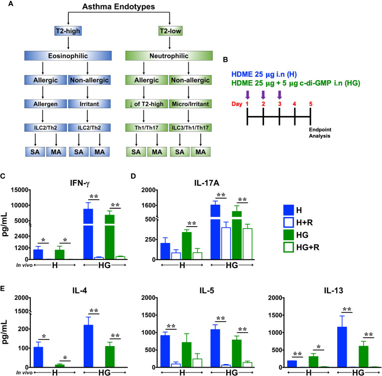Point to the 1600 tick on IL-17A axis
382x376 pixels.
pos(156,205)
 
